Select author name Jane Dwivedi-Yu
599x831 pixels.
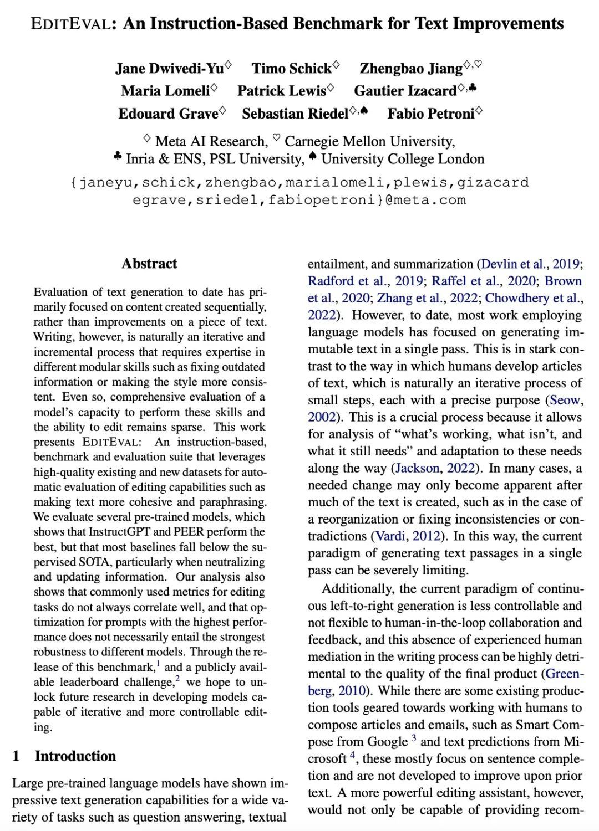pos(170,68)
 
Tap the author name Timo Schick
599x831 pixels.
pos(292,68)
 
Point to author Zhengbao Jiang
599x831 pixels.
pos(411,68)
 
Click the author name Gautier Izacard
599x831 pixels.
pos(405,90)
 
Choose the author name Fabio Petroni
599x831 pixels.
pos(431,114)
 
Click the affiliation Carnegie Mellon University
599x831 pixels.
pos(369,141)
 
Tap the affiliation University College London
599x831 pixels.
pos(403,159)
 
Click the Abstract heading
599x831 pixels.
pos(149,263)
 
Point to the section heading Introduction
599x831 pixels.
pos(75,756)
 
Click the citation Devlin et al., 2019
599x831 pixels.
pos(530,264)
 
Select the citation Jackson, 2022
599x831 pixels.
pos(435,468)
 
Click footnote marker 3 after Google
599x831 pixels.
pos(414,738)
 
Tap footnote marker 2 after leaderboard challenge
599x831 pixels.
pos(177,678)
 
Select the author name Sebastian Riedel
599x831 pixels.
pos(295,114)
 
